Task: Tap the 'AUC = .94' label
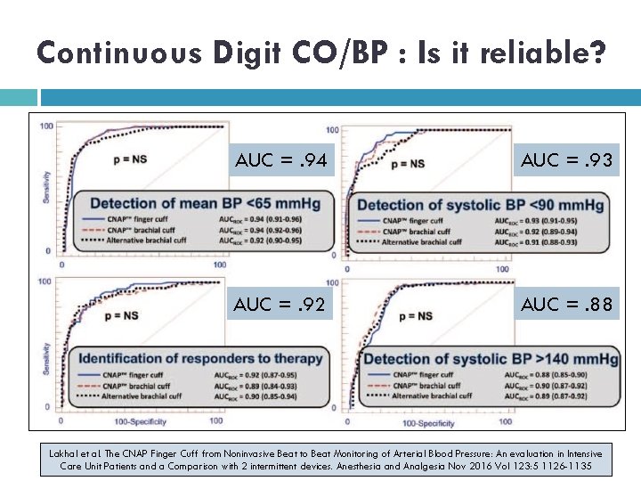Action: [280, 161]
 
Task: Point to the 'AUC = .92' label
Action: [280, 305]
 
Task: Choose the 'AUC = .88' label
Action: [565, 305]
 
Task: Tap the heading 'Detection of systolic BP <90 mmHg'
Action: [480, 206]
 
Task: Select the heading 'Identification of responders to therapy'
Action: [200, 359]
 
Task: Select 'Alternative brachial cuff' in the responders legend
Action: [150, 396]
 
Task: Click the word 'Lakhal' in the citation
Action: [64, 453]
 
